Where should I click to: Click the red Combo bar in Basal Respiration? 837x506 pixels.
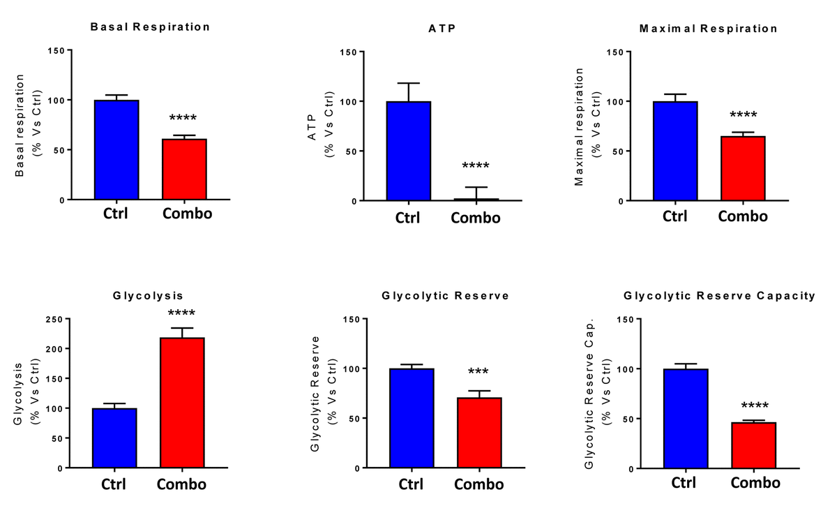[185, 169]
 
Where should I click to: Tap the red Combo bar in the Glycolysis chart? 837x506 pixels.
[182, 402]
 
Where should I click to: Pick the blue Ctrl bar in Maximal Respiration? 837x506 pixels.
[675, 151]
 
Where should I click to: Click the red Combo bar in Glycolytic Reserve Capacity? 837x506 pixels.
[754, 445]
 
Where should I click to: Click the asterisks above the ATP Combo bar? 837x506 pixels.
[476, 166]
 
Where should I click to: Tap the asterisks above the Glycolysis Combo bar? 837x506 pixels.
[182, 313]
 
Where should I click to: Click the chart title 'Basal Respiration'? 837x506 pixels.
[150, 27]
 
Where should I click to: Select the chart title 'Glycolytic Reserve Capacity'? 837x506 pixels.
[719, 296]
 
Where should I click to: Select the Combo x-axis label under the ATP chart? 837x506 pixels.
[476, 218]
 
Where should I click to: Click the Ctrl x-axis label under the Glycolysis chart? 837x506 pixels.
[114, 484]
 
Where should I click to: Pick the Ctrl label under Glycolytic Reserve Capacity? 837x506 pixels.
[686, 483]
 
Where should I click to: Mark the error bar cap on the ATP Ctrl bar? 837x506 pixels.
[408, 83]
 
